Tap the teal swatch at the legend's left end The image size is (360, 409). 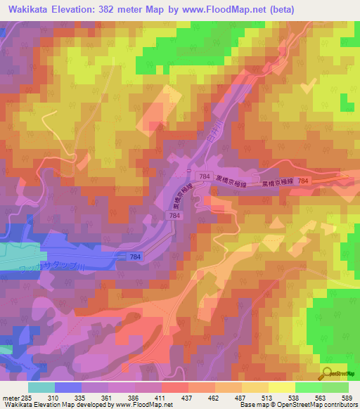[x=41, y=387]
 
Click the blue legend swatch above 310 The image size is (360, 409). [x=68, y=387]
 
